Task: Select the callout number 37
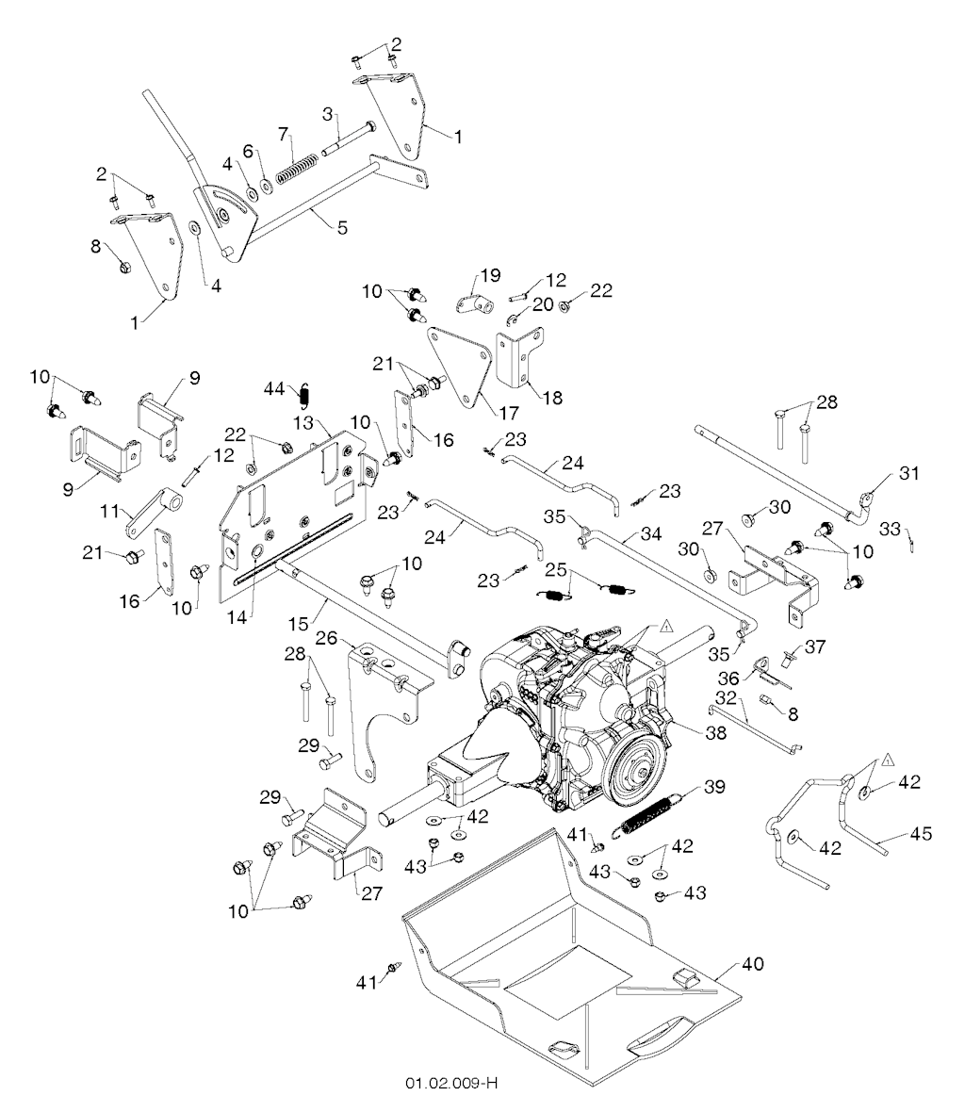814,646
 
